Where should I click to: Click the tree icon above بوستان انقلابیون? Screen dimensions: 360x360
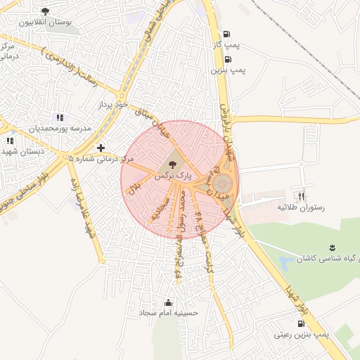(46, 11)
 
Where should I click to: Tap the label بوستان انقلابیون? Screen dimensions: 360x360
(46, 22)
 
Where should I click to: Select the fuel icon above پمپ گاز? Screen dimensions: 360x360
(226, 34)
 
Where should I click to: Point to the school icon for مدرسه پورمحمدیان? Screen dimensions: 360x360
(60, 117)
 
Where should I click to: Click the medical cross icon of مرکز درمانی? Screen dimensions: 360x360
(101, 148)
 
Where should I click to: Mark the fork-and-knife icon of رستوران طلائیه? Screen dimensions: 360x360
(302, 196)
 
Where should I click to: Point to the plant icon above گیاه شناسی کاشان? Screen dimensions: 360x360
(330, 247)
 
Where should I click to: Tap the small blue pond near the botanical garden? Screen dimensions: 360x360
(285, 264)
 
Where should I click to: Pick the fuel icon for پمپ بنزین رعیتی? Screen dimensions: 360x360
(302, 324)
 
